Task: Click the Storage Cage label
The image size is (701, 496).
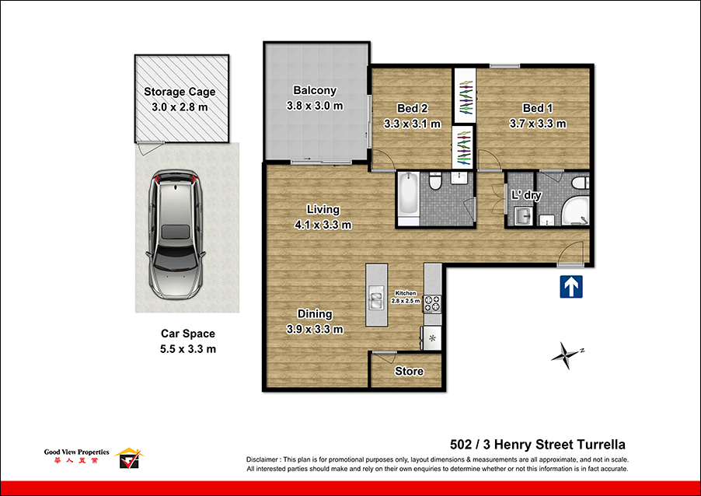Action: (x=180, y=92)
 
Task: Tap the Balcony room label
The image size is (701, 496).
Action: (x=315, y=90)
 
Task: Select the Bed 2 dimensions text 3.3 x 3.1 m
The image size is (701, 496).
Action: (x=412, y=123)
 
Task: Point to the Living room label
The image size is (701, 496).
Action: (x=323, y=209)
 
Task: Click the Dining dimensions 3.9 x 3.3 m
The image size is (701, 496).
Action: (x=315, y=329)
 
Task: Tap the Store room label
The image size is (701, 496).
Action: (x=409, y=371)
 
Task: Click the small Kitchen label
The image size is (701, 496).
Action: (x=405, y=292)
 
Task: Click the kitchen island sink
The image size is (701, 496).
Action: (x=375, y=296)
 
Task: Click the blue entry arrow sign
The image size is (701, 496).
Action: (x=571, y=287)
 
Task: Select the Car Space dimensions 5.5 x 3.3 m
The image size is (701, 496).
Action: (x=183, y=349)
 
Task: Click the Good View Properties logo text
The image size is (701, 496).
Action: (x=76, y=452)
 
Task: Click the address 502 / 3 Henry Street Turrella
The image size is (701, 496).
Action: (x=538, y=445)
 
